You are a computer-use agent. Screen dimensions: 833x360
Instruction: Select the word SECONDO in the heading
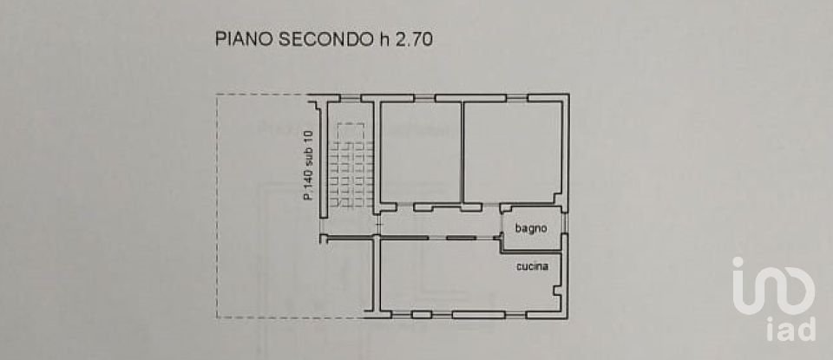coord(326,39)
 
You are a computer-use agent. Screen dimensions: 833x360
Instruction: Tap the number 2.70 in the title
coord(413,39)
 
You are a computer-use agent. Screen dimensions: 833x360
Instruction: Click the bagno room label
coord(531,228)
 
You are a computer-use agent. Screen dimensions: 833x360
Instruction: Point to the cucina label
coord(532,266)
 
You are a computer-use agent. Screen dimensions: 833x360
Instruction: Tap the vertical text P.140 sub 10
coord(309,165)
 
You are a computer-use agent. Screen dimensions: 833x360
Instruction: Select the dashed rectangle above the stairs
coord(351,133)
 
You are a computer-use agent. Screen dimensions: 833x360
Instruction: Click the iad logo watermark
coord(773,298)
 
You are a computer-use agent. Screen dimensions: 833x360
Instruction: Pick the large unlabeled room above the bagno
coord(513,152)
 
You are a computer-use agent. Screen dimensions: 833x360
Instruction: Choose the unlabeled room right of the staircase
coord(421,152)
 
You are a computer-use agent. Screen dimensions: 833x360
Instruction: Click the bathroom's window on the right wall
coord(565,222)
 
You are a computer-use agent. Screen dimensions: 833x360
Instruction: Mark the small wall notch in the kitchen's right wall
coord(557,291)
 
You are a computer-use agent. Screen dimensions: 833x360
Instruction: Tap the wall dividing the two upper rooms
coord(462,152)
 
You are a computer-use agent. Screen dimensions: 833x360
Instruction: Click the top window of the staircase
coord(351,98)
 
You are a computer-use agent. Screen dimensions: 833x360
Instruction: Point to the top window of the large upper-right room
coord(517,98)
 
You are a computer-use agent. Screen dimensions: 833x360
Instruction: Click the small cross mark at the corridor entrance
coord(377,226)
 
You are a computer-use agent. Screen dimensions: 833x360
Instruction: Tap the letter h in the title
coord(383,39)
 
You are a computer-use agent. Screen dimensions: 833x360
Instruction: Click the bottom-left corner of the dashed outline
coord(217,317)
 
